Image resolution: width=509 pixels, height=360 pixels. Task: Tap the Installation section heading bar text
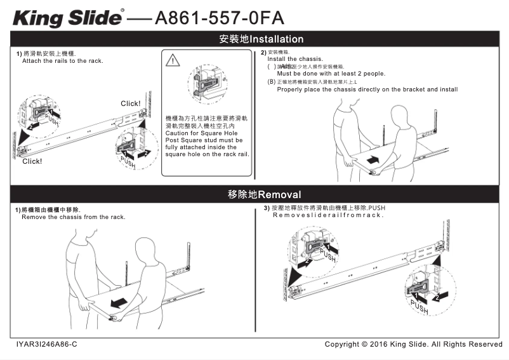[261, 39]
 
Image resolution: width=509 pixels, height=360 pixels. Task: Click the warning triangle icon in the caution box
[173, 61]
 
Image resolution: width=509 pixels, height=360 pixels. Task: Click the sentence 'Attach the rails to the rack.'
[62, 61]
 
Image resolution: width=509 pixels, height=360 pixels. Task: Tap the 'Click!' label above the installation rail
[131, 103]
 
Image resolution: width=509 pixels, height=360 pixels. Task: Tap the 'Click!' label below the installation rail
[32, 161]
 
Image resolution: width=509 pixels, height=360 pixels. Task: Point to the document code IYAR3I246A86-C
[46, 344]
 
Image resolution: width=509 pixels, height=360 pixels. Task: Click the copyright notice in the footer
[413, 344]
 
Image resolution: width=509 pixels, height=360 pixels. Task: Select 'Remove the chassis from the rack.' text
[74, 217]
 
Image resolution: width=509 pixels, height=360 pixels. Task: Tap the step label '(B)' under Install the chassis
[272, 82]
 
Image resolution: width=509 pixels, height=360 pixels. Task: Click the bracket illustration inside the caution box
[207, 81]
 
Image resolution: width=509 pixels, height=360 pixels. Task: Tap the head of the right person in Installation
[400, 117]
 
